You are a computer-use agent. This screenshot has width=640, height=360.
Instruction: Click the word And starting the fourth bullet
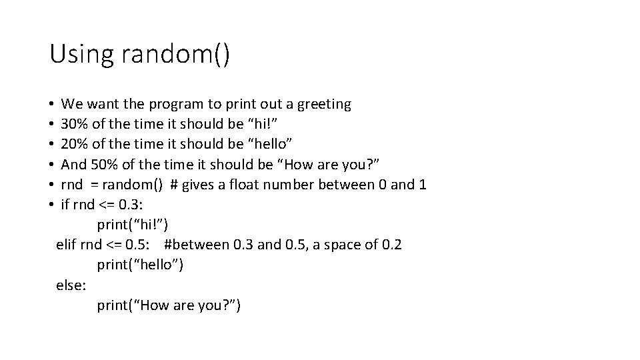73,165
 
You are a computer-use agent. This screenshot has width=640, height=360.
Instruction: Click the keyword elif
66,245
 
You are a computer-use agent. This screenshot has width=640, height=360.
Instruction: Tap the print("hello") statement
140,265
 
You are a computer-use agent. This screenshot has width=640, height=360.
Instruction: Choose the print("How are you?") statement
169,305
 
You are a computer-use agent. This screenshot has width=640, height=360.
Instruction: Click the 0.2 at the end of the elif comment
391,245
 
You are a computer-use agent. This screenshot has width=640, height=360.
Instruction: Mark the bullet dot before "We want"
51,105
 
